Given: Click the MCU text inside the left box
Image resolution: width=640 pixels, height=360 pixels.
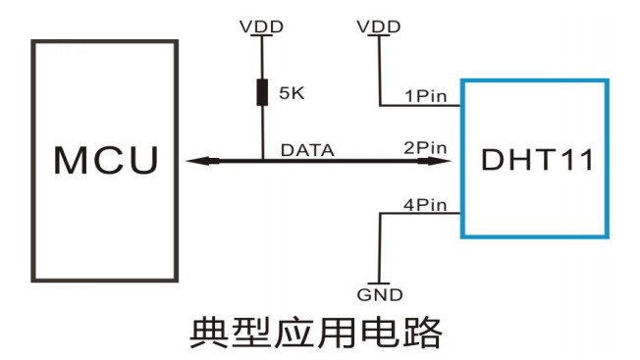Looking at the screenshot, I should click(105, 161).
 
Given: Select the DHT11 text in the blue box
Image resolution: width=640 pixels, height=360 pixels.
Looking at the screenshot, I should click(537, 161).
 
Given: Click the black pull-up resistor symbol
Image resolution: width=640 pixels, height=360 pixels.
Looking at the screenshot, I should click(262, 93).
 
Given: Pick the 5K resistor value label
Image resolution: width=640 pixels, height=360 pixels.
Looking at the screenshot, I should click(293, 94).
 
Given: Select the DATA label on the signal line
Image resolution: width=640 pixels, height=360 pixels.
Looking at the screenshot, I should click(307, 150).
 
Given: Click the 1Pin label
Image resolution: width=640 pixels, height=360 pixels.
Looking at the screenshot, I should click(426, 95).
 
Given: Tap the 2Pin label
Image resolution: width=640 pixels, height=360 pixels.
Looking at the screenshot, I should click(426, 149).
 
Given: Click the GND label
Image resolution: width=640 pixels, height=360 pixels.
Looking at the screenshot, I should click(379, 294).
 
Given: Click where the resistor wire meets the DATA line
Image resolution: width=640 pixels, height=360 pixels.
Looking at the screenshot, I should click(262, 161).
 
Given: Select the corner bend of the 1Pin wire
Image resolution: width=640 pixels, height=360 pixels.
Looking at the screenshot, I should click(379, 105).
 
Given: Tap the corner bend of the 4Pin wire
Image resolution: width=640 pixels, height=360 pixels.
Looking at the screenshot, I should click(379, 215).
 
